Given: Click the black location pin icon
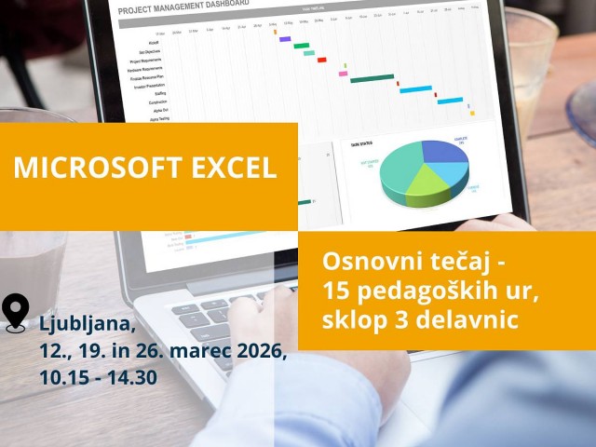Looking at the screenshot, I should coord(17,313).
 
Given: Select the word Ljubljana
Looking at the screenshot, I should coord(87,326).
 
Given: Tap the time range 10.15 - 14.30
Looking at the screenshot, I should coord(99,378).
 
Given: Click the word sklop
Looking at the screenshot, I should coord(351,321).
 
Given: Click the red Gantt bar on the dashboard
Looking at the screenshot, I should coord(322,60).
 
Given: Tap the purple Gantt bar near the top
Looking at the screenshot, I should coord(285,39).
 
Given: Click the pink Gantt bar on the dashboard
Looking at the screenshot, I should coord(343,73).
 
